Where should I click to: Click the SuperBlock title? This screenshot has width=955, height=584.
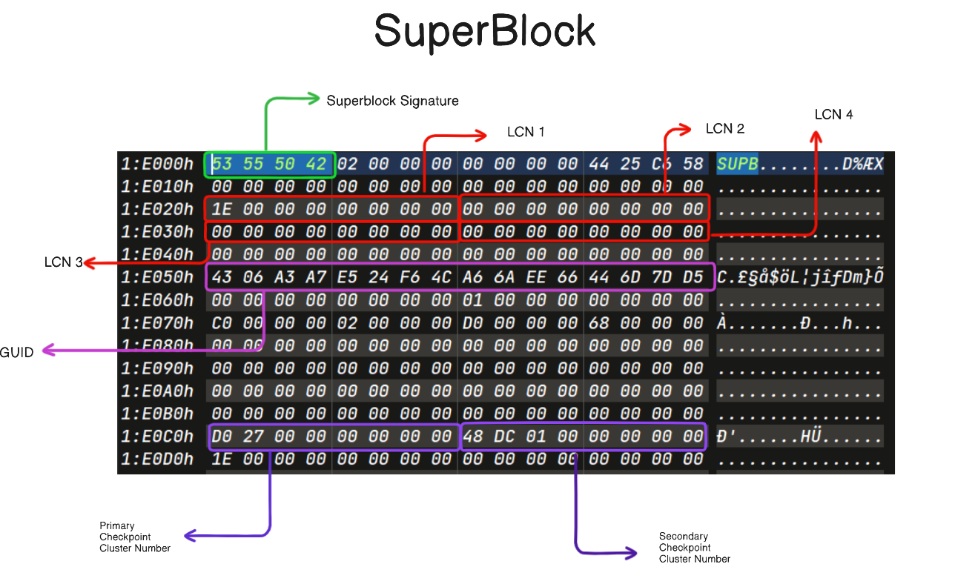[485, 32]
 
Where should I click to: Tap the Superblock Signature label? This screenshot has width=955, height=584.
[392, 101]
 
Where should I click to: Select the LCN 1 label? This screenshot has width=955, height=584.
[526, 132]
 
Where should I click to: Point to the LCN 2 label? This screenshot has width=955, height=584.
[724, 129]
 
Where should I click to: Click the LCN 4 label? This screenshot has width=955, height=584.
[833, 114]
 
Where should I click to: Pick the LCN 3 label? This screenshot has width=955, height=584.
[63, 262]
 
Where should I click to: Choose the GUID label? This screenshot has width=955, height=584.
[16, 352]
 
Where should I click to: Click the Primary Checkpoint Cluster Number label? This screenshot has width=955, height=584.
[135, 537]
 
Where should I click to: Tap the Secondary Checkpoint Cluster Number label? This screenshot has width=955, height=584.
[694, 547]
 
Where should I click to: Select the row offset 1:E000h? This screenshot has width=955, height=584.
[157, 164]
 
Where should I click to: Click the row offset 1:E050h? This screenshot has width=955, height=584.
[157, 278]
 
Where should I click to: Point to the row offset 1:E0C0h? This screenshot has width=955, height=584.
[157, 437]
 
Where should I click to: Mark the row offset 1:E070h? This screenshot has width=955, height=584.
[157, 323]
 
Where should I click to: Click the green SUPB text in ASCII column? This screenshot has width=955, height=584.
[737, 164]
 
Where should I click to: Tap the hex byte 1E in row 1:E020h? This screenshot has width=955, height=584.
[221, 210]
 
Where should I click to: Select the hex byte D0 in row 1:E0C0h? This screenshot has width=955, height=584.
[221, 437]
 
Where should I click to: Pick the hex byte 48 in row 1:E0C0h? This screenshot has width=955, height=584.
[472, 437]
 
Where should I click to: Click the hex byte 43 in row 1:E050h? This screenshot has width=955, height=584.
[221, 278]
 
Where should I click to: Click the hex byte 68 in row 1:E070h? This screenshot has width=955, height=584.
[599, 323]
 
